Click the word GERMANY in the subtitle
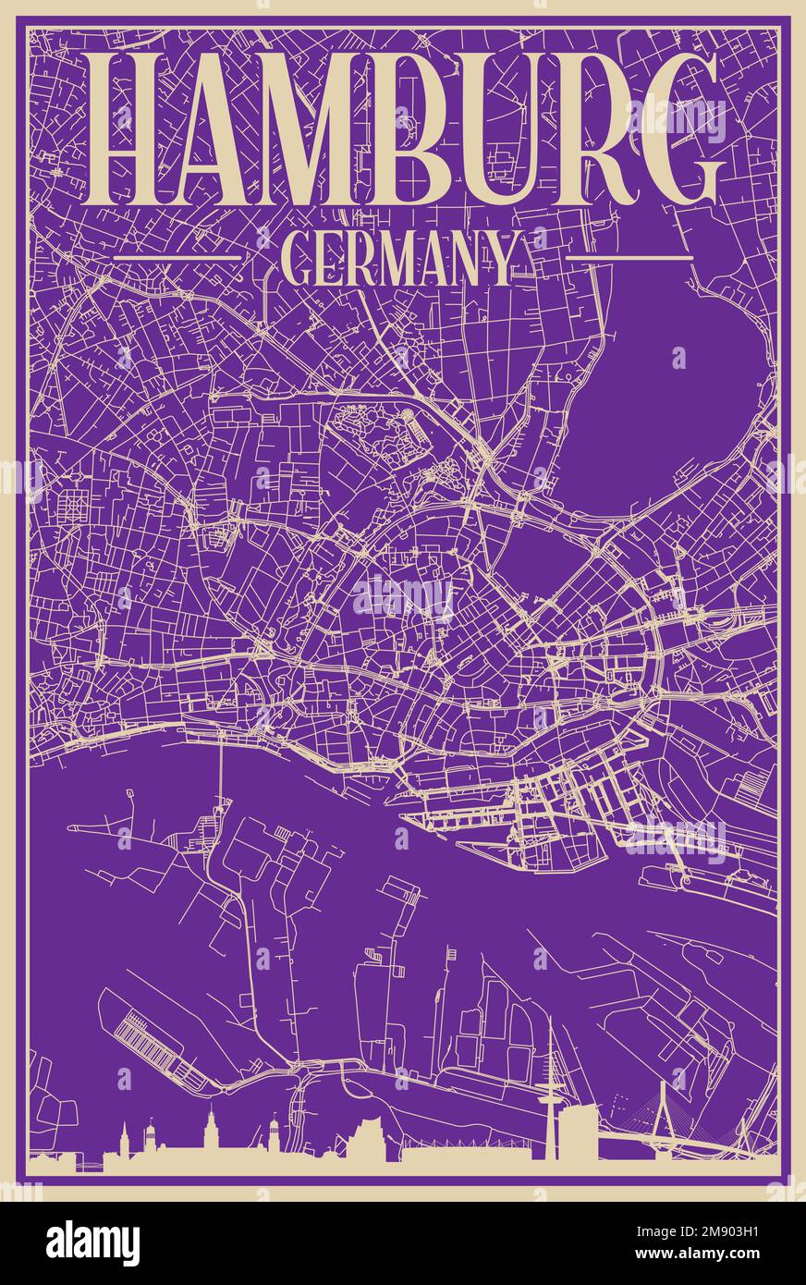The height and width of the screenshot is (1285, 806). click(x=397, y=260)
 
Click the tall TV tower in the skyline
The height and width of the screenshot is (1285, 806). click(x=551, y=1091)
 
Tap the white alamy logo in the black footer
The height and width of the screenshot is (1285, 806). click(x=92, y=1242)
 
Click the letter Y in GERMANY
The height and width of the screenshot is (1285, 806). click(x=500, y=260)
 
